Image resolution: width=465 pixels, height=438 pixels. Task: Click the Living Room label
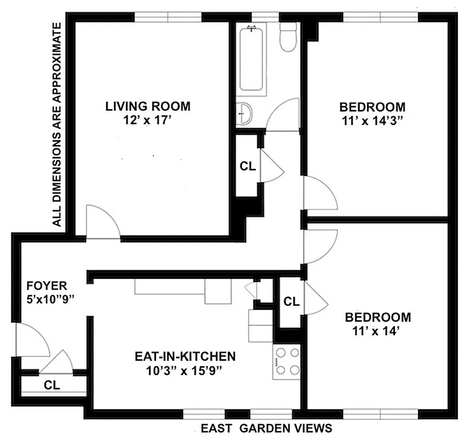click(x=148, y=106)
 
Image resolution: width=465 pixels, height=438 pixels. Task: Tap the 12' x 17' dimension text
click(x=148, y=119)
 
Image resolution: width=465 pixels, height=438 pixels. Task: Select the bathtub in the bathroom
click(x=252, y=57)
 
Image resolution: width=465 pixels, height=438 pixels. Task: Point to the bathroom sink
click(x=245, y=114)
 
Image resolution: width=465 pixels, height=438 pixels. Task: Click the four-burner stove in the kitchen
click(x=286, y=361)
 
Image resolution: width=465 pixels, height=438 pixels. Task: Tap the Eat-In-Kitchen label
click(x=185, y=357)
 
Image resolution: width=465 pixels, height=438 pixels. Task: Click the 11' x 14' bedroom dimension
click(x=377, y=330)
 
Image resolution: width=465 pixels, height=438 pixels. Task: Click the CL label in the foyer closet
click(x=52, y=384)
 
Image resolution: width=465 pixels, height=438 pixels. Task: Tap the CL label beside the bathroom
click(x=248, y=167)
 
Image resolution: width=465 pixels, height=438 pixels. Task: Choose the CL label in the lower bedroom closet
click(x=291, y=301)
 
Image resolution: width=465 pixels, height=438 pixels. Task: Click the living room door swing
click(x=102, y=223)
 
